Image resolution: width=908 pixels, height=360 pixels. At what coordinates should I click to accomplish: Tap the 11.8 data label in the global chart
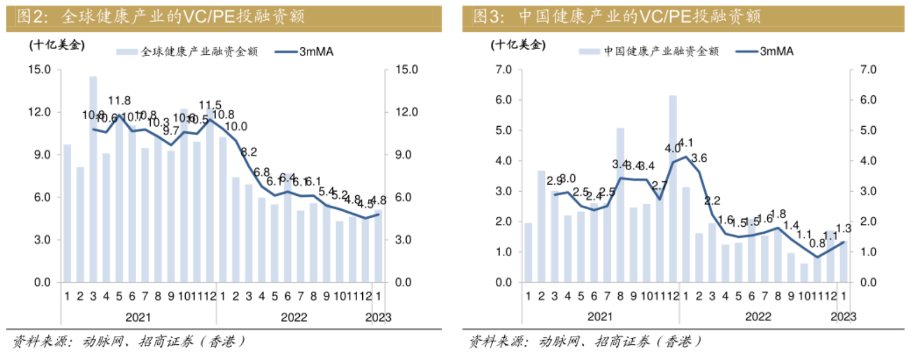[x=119, y=100]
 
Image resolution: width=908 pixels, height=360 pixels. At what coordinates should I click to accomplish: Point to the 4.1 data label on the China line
[x=687, y=142]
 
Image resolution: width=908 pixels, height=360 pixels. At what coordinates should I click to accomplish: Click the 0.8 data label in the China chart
[x=817, y=243]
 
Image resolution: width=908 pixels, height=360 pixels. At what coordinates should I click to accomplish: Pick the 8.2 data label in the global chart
[x=249, y=153]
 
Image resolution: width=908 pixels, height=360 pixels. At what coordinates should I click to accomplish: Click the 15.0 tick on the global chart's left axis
[x=41, y=70]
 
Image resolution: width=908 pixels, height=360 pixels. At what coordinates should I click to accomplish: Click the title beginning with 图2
[x=161, y=16]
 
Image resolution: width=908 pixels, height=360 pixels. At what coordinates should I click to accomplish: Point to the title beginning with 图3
[x=616, y=16]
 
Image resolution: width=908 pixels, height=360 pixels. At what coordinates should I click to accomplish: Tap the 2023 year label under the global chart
[x=378, y=318]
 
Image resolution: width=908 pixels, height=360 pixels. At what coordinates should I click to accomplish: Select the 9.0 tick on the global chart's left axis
[x=44, y=155]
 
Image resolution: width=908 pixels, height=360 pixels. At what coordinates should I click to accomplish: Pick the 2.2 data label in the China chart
[x=712, y=200]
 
